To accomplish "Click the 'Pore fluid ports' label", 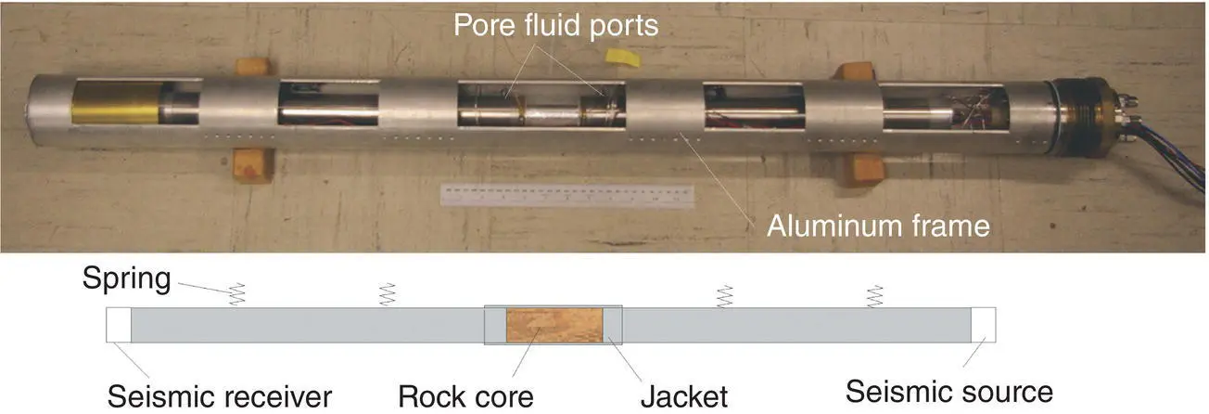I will point(555,26).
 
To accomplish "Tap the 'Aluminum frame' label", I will point(878,226).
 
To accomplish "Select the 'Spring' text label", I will point(125,278).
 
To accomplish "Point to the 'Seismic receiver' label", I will point(220,395).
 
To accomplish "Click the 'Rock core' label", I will point(465,395).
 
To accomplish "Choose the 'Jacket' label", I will point(684,395).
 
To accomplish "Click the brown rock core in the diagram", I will point(554,325).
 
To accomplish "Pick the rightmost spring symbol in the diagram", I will point(873,296).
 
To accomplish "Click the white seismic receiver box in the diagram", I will point(119,325).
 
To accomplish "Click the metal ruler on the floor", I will point(566,196).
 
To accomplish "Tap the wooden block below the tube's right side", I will point(863,170).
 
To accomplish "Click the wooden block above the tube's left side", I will point(251,67).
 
